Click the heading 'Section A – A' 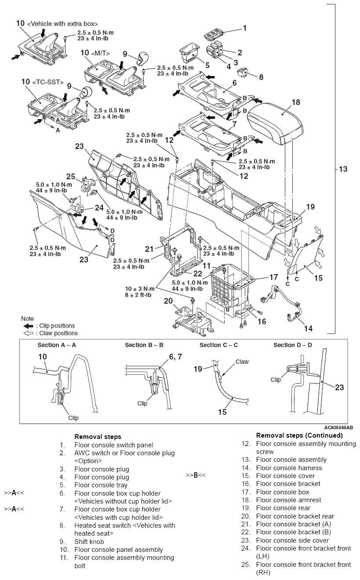pyautogui.click(x=57, y=345)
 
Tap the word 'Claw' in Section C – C pyautogui.click(x=242, y=362)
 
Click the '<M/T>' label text pyautogui.click(x=101, y=53)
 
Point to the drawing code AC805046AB pyautogui.click(x=338, y=427)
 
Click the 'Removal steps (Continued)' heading pyautogui.click(x=299, y=435)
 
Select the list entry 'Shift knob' pyautogui.click(x=89, y=542)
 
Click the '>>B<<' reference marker pyautogui.click(x=196, y=475)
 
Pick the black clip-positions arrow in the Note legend pyautogui.click(x=28, y=326)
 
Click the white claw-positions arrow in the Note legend pyautogui.click(x=28, y=333)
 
